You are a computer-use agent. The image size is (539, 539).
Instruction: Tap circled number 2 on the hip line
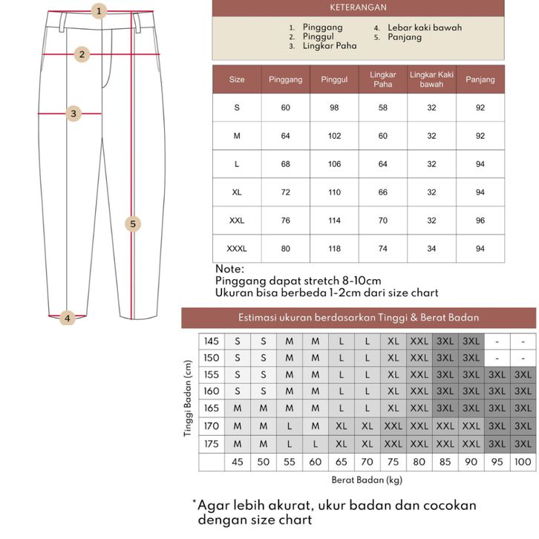click(83, 54)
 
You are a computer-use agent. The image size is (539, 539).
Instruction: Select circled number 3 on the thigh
click(73, 114)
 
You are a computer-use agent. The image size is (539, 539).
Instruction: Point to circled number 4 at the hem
click(67, 318)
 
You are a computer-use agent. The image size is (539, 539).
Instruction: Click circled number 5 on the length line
click(133, 223)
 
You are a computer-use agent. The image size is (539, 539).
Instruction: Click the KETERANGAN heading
click(358, 8)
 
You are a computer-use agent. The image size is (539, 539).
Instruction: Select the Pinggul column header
click(334, 79)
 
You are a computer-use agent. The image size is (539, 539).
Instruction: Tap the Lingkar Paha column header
click(382, 79)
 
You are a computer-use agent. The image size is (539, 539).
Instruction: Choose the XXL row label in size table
click(237, 220)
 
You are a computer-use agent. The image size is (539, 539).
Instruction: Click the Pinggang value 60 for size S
click(286, 108)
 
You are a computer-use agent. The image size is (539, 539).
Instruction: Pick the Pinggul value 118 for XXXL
click(334, 249)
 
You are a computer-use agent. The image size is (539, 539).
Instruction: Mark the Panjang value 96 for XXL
click(480, 220)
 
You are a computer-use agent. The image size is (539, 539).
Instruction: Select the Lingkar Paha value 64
click(382, 164)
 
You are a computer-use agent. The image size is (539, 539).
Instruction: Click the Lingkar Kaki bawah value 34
click(431, 249)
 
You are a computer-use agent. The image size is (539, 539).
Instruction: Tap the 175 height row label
click(212, 443)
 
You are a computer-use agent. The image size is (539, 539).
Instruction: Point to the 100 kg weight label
click(523, 463)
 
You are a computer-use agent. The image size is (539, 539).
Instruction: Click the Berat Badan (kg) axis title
click(366, 480)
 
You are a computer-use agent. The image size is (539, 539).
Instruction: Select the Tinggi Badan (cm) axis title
click(189, 399)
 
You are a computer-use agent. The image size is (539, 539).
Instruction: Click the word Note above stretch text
click(229, 269)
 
